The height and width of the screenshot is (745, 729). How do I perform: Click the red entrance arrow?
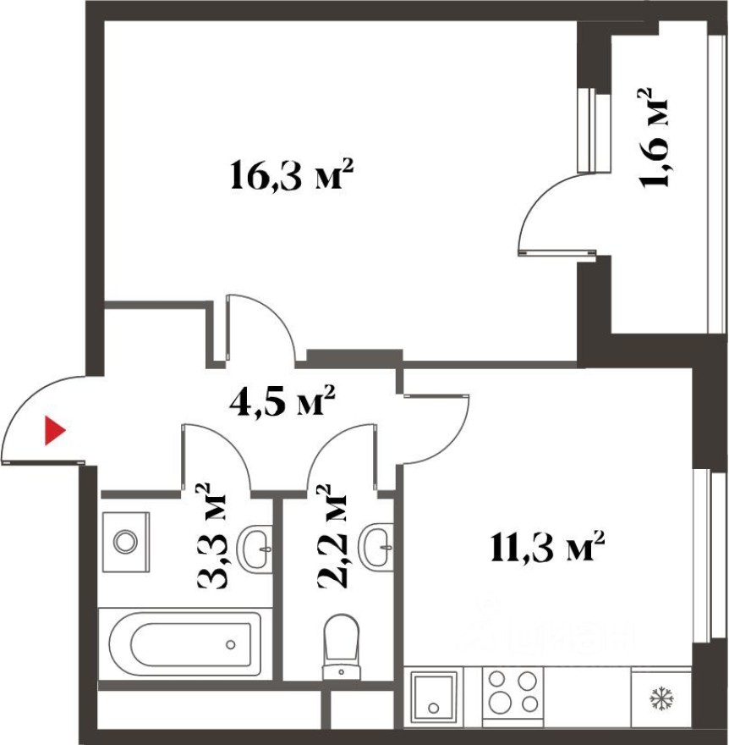pos(55,431)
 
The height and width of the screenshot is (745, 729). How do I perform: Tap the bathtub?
pos(185,643)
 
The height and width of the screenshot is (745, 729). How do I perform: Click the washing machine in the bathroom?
pos(125,540)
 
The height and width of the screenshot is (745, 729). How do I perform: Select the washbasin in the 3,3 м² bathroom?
pos(254,549)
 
